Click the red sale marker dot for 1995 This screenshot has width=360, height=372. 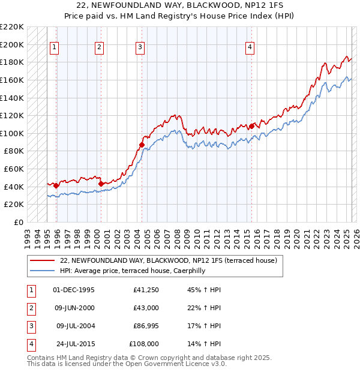coord(56,185)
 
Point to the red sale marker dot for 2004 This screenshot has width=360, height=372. coord(142,145)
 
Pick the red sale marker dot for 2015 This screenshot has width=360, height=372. coord(251,125)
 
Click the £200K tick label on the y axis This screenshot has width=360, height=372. coord(12,44)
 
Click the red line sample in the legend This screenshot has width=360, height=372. coord(42,261)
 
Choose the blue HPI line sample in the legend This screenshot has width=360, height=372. coord(42,271)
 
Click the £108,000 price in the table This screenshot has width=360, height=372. coord(144,344)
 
